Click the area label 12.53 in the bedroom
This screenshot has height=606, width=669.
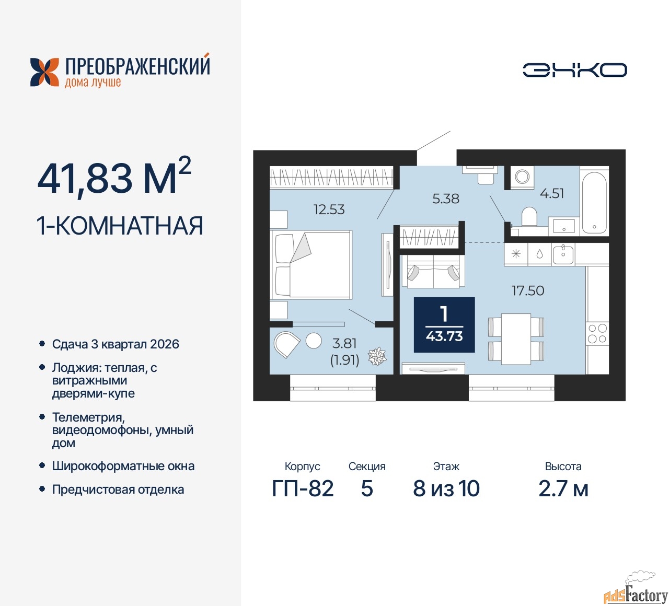329,209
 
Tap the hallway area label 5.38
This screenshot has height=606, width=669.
445,199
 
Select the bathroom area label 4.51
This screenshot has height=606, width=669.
552,193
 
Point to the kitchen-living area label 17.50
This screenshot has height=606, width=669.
528,290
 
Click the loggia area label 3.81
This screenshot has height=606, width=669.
344,343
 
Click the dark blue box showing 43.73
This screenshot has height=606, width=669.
444,324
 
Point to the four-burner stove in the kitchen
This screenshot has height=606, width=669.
597,334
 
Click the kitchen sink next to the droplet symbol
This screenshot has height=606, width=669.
563,255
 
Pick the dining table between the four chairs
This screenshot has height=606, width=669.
516,339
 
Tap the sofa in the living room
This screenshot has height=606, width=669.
433,271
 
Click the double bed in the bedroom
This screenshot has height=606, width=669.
312,264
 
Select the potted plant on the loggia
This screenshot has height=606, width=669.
377,356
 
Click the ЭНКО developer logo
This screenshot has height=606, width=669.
574,70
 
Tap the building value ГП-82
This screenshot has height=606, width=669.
303,489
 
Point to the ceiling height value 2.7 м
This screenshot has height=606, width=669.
563,489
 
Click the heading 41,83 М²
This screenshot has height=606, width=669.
114,177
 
